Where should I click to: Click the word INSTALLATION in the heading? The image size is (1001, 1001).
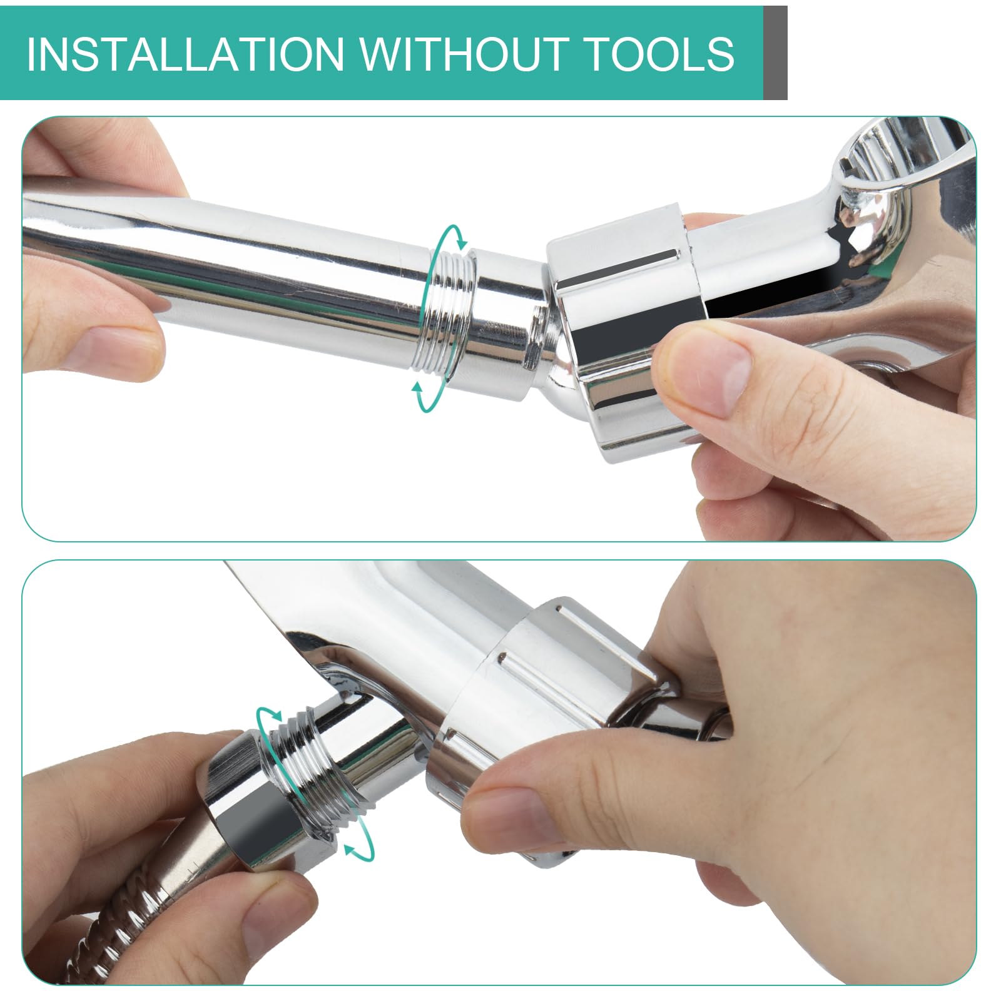click(185, 54)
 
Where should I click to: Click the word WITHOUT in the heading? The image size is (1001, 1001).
click(461, 54)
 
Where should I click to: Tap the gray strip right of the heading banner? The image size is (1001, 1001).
click(775, 53)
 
